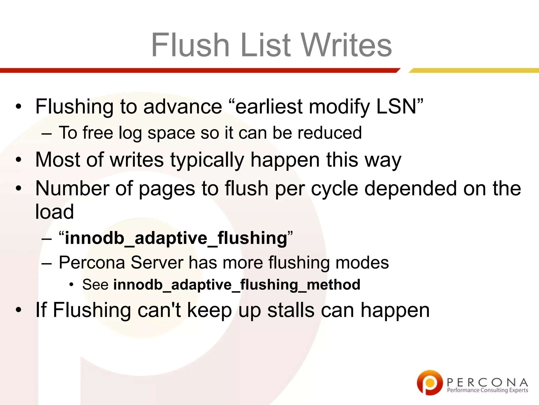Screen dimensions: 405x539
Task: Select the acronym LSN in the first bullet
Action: coord(396,107)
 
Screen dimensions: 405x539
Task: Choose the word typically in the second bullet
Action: coord(207,160)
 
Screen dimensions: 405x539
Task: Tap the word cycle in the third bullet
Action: coord(335,189)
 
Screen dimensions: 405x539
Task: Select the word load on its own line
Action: coord(54,211)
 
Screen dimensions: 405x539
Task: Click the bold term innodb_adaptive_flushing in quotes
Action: coord(176,238)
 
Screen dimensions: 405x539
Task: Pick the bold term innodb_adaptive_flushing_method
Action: coord(237,285)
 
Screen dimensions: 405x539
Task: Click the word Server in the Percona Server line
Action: coord(157,263)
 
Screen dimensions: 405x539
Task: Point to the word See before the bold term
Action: coord(95,285)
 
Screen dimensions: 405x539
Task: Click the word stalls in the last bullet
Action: coord(291,310)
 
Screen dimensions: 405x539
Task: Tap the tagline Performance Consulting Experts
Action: coord(487,390)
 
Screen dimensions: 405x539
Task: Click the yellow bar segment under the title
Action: coord(474,70)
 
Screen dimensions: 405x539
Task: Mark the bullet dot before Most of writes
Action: coord(18,160)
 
